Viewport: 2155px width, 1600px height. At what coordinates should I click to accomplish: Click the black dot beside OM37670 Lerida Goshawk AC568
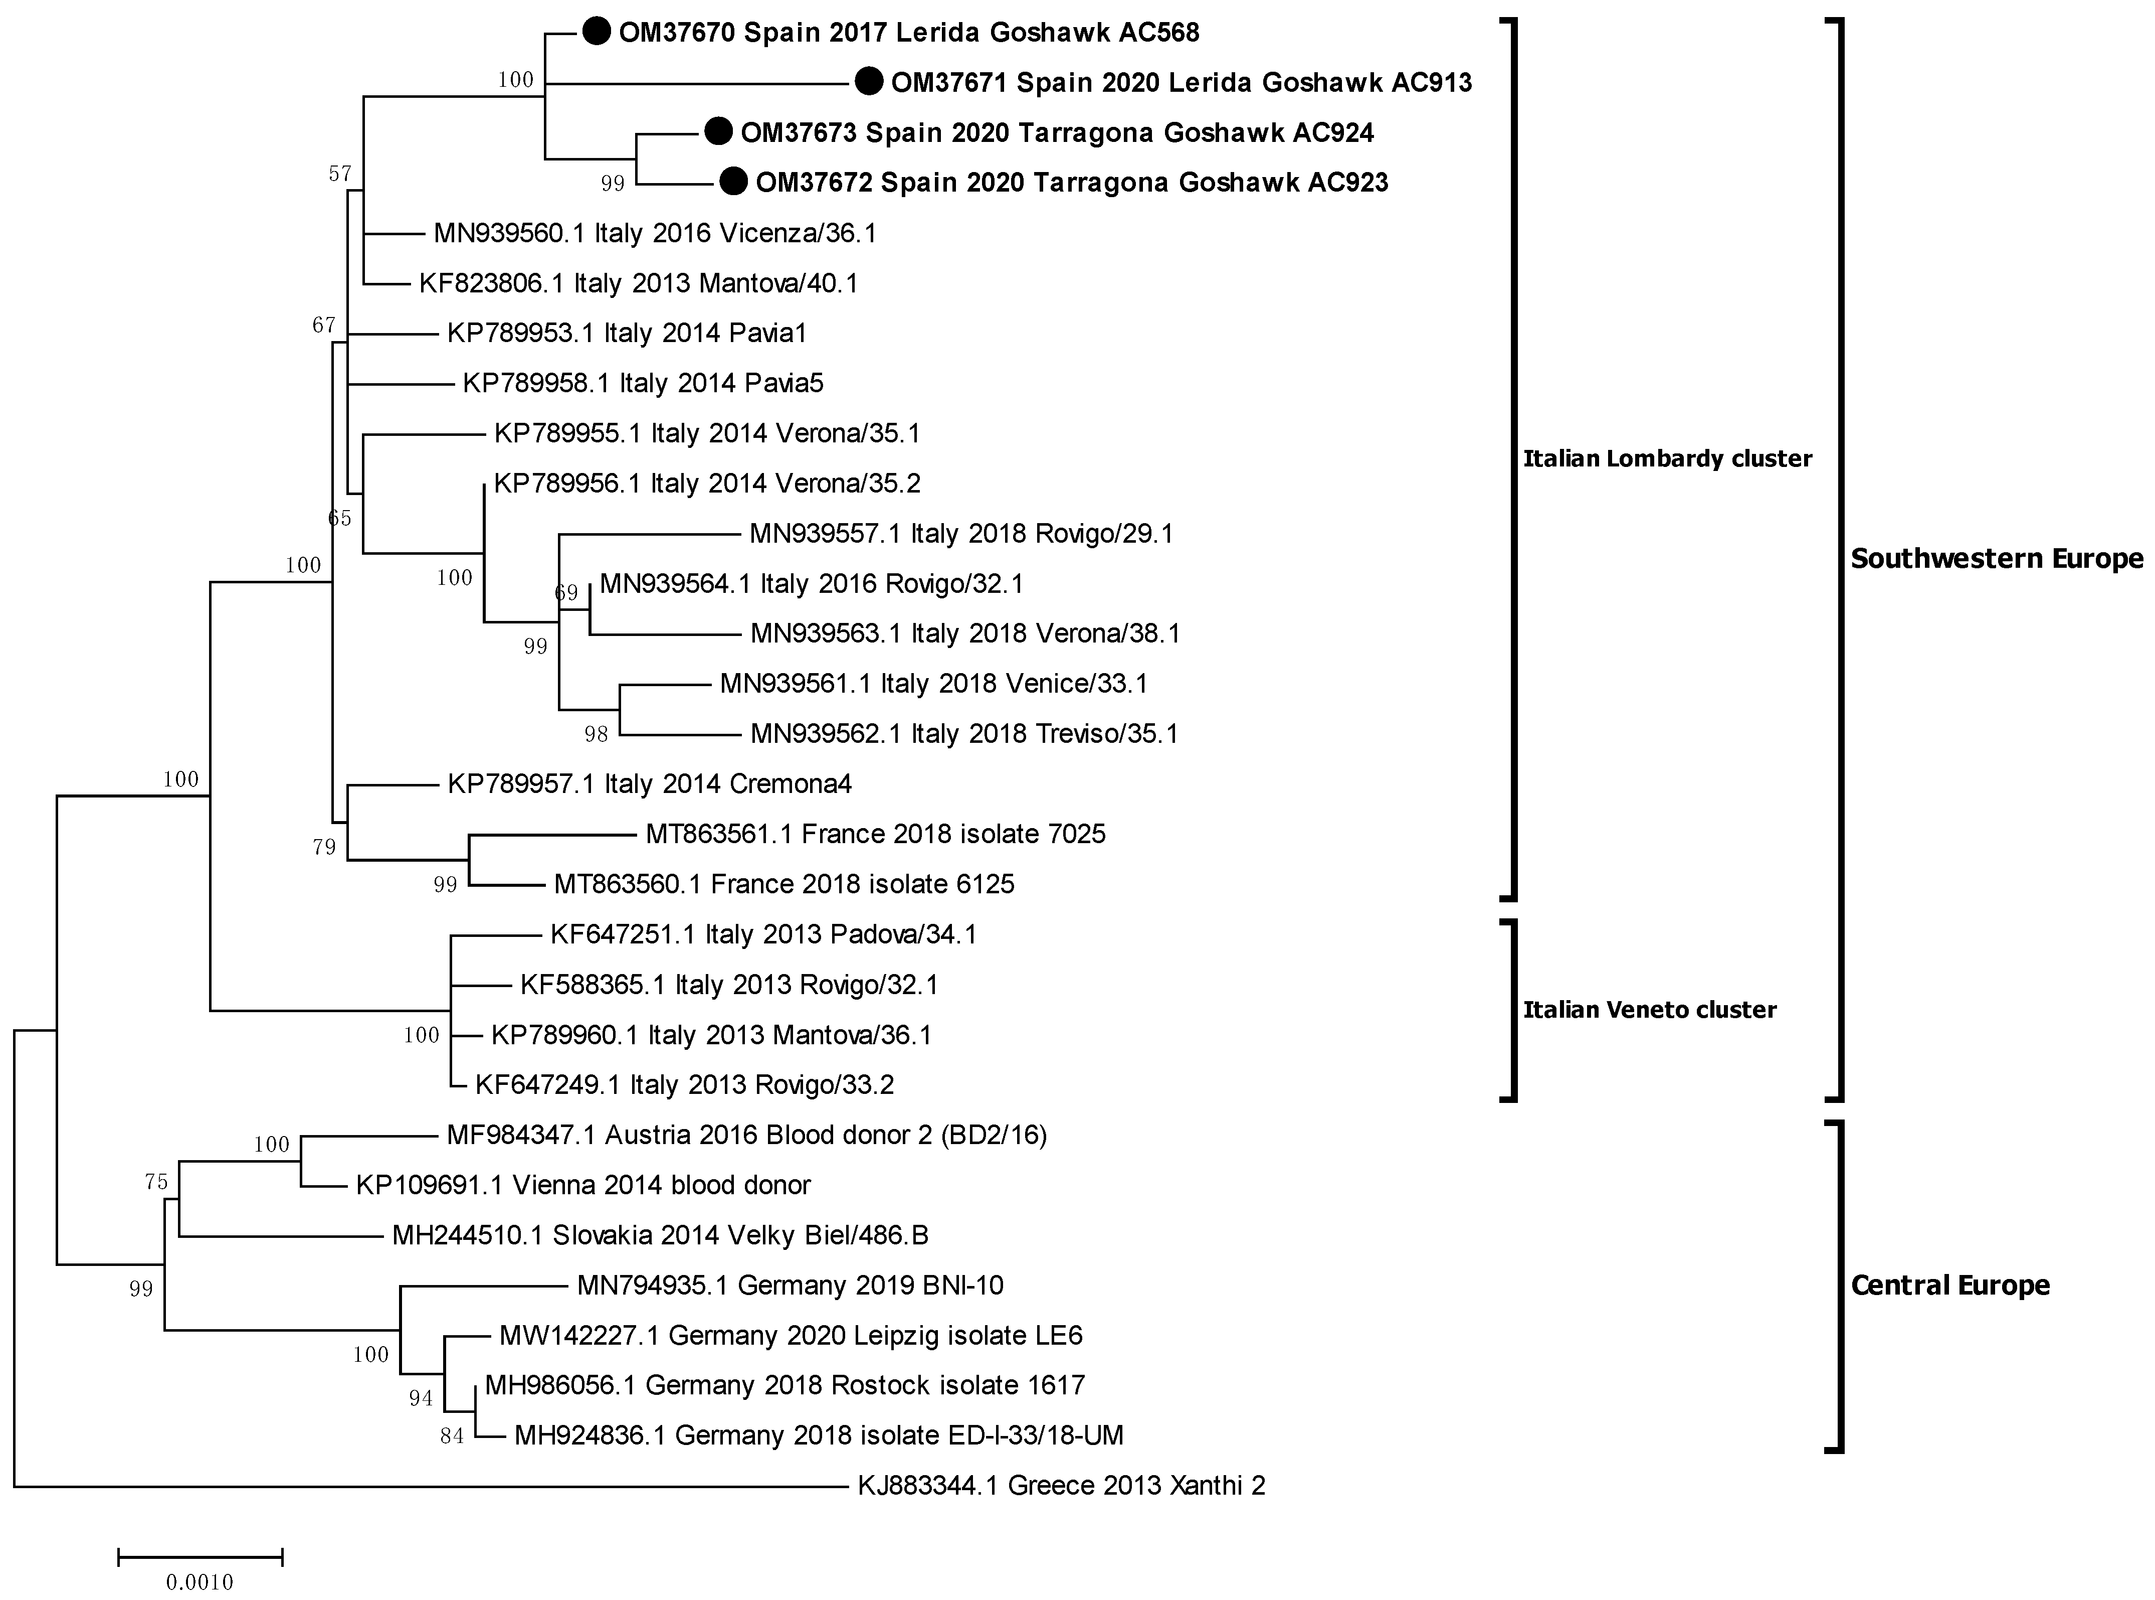tap(597, 32)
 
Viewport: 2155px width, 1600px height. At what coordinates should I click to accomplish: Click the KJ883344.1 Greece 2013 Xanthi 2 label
tap(1061, 1485)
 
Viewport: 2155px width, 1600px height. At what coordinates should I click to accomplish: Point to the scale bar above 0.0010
tap(200, 1557)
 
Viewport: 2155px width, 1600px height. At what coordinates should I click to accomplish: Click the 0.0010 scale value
tap(200, 1582)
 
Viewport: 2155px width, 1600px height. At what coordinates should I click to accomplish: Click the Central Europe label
tap(1950, 1285)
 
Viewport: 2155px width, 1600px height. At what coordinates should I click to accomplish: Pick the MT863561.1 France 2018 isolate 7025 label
tap(875, 834)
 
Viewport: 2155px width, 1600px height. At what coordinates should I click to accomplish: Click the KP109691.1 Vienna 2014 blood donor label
tap(583, 1185)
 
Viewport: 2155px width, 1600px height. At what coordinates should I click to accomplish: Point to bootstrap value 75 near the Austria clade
tap(156, 1182)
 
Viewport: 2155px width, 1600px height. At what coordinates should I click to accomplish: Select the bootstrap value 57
tap(340, 174)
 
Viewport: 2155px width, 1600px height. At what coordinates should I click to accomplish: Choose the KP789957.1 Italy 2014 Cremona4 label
tap(649, 783)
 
